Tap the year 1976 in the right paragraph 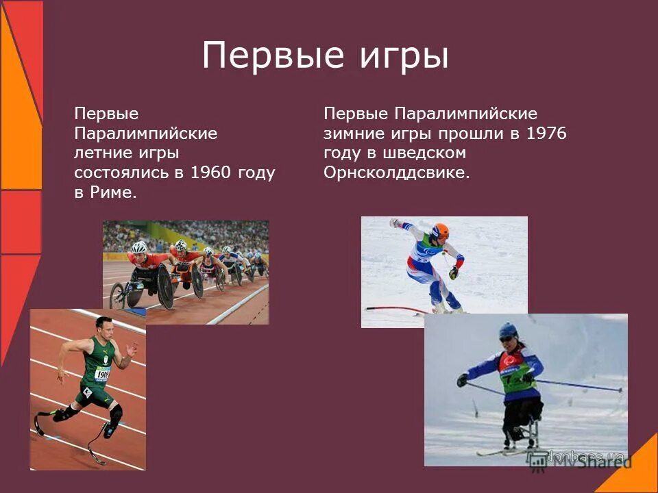546,134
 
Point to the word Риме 113,192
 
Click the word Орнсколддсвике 397,173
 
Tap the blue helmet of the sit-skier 509,330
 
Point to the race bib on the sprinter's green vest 102,374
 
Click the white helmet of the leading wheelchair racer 139,246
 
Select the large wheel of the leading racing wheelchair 165,286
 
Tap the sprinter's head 104,326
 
